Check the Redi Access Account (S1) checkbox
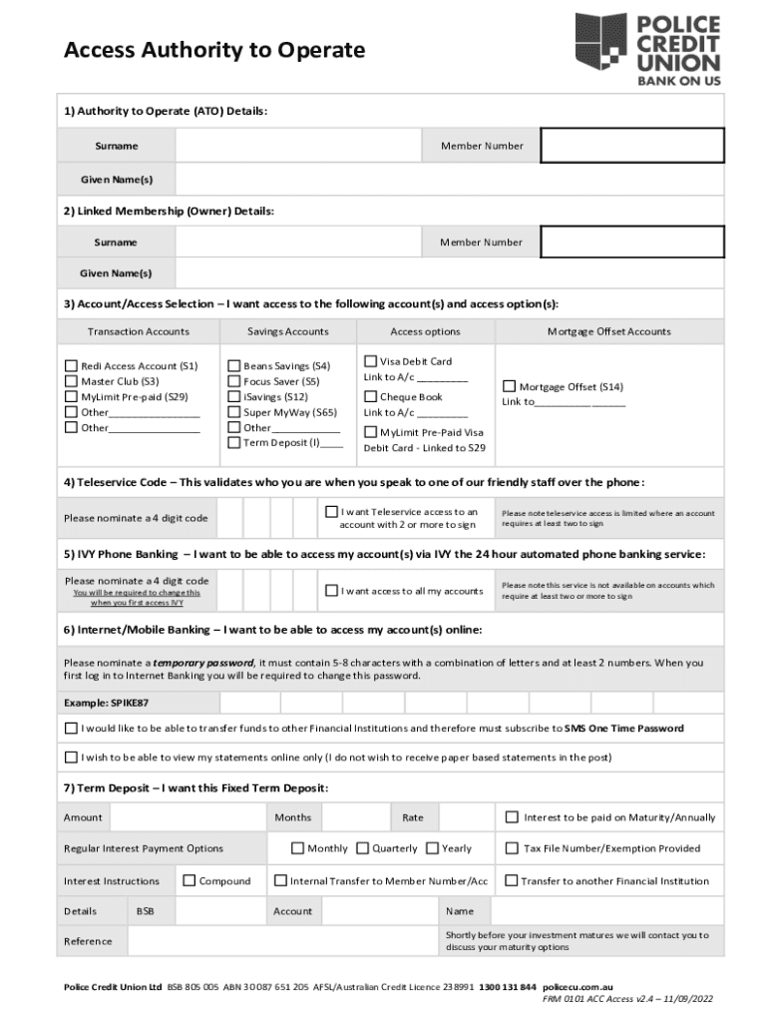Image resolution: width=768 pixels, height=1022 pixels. coord(71,365)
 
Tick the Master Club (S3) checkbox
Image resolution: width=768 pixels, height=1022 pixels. coord(71,381)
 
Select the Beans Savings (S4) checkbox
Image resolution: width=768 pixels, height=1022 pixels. coord(234,365)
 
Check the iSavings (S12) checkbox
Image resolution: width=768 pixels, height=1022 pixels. coord(234,396)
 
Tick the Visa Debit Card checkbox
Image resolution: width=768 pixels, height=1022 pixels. coord(371,361)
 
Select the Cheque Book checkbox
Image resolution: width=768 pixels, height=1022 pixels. coord(371,396)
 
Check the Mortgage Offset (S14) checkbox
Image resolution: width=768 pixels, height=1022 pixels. coord(509,386)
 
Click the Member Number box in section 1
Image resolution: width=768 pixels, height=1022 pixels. coord(632,146)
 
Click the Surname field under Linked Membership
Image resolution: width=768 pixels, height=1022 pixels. coord(299,243)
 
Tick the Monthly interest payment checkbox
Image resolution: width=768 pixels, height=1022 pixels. coord(297,848)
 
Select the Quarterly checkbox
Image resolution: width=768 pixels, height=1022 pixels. coord(363,848)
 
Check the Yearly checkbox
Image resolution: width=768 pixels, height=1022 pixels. coord(432,848)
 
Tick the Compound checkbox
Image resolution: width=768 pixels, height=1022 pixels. coord(189,880)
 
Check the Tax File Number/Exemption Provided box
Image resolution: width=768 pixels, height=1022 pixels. coord(512,848)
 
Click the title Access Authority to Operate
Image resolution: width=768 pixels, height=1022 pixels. coord(214,50)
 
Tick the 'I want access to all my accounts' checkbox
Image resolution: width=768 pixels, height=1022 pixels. coord(331,591)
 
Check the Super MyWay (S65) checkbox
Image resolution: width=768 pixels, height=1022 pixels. coord(234,412)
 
